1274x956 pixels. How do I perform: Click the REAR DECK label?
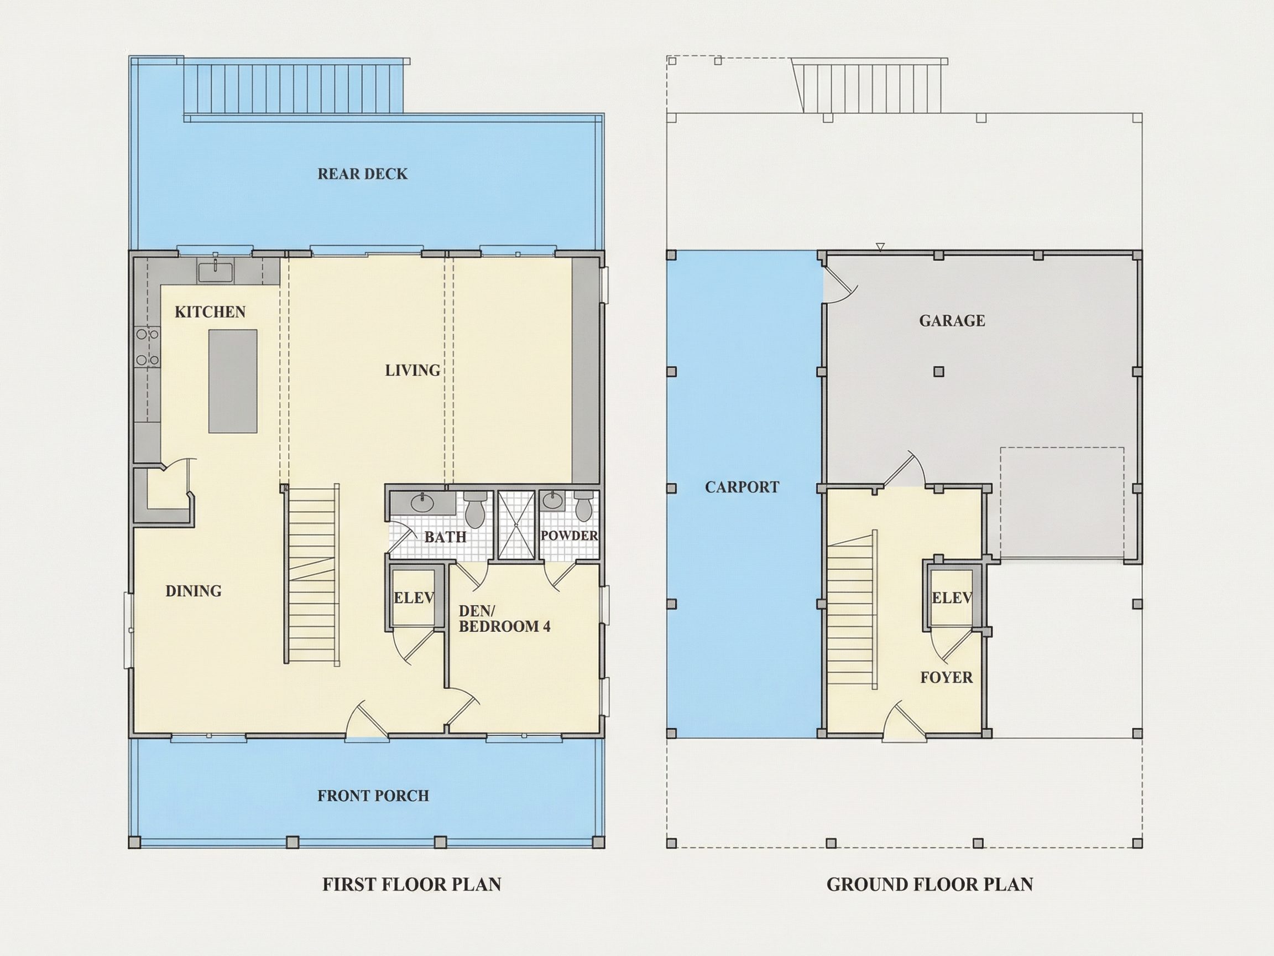point(362,174)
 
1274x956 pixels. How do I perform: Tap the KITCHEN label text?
point(210,312)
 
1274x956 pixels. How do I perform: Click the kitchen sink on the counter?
point(216,271)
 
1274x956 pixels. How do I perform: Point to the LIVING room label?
point(413,370)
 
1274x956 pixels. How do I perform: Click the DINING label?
point(194,591)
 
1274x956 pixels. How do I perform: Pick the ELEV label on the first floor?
point(414,598)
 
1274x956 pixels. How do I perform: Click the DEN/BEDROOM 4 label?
point(504,619)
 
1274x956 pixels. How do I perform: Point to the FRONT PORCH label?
point(373,796)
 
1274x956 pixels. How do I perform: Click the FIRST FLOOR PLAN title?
point(412,884)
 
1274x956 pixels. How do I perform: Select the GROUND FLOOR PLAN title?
point(930,884)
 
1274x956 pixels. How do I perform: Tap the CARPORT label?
point(742,487)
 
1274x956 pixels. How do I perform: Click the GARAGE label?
point(952,320)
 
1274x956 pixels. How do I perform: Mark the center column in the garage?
point(939,372)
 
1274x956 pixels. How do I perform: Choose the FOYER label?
point(946,677)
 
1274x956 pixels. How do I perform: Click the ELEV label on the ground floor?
point(952,598)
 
